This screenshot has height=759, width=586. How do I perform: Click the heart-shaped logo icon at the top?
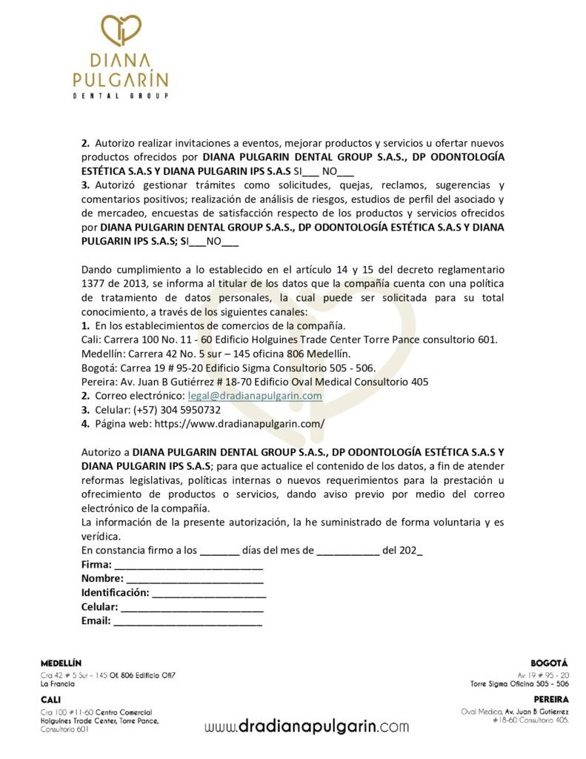(121, 31)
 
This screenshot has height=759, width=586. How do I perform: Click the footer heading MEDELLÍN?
(61, 662)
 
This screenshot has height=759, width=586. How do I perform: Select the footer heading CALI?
(51, 699)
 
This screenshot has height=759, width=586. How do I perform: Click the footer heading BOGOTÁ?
(549, 662)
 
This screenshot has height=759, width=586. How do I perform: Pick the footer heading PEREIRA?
(550, 699)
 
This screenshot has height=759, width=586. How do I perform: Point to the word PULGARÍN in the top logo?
(120, 78)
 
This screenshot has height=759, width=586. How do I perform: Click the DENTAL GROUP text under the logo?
(120, 96)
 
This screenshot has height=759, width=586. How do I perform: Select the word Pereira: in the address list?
(99, 382)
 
